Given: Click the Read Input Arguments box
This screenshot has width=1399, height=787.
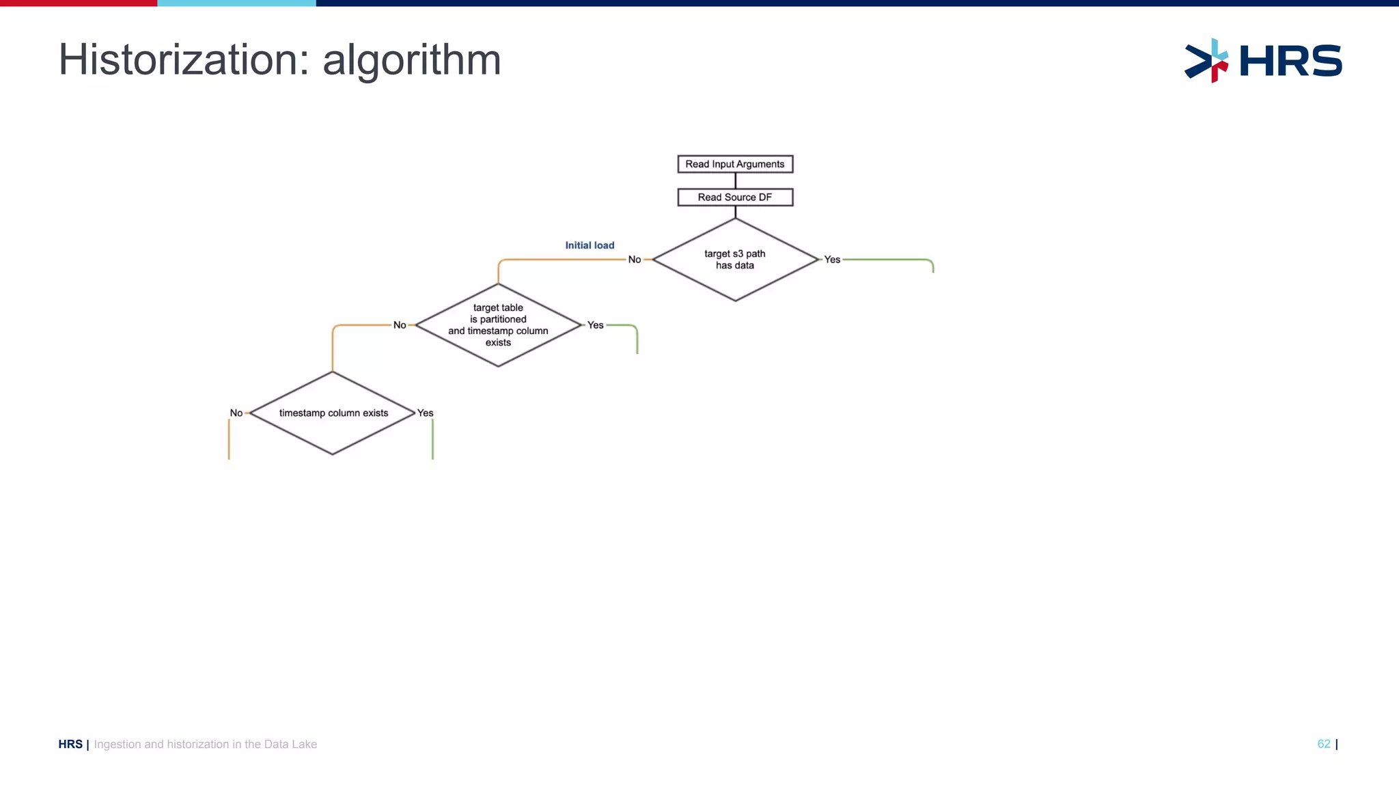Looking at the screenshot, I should (x=735, y=164).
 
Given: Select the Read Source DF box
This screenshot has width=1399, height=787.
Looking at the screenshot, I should (x=735, y=197).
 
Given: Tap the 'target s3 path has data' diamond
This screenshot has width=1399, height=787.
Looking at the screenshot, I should (x=735, y=260).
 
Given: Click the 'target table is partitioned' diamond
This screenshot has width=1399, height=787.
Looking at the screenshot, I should (x=498, y=325).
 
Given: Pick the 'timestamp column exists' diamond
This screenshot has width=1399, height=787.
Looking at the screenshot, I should (x=333, y=413).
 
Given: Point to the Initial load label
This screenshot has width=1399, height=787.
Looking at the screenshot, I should (x=590, y=245).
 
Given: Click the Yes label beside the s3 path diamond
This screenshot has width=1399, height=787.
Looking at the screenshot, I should (x=832, y=260).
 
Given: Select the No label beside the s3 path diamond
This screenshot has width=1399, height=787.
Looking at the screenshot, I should (x=635, y=260).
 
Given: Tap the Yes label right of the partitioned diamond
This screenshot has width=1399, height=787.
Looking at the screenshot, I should (x=596, y=325).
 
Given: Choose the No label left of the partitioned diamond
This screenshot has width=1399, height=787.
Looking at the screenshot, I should (x=400, y=325).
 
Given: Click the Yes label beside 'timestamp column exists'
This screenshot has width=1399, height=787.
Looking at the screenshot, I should (x=425, y=413).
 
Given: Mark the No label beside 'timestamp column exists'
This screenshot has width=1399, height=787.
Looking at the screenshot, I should (x=236, y=413).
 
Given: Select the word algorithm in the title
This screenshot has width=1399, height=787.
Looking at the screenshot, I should (x=412, y=60).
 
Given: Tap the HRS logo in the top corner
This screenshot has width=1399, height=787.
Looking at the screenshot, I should (x=1263, y=61).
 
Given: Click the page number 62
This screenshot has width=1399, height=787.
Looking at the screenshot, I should (x=1323, y=744).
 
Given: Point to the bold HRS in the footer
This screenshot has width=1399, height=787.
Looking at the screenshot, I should (x=70, y=744).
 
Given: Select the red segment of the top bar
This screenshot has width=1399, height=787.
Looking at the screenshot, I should (x=79, y=3).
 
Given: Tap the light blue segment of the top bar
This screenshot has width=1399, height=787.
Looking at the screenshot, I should (x=236, y=3).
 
